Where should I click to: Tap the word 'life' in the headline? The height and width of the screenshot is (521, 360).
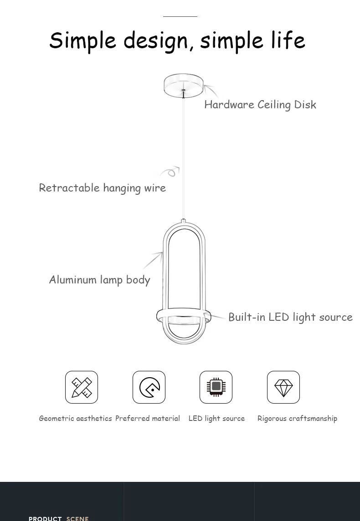(x=288, y=40)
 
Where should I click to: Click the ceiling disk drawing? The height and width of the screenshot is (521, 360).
(x=184, y=85)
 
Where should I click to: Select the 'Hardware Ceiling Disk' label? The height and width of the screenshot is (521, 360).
(x=260, y=105)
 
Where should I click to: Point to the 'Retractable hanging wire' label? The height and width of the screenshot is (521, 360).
(x=102, y=187)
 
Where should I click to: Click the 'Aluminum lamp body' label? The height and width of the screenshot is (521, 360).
(x=99, y=279)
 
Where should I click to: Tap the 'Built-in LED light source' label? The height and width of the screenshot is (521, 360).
(x=290, y=317)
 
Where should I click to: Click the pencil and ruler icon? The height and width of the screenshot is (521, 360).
(x=82, y=387)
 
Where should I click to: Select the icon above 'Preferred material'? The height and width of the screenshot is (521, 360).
(x=149, y=387)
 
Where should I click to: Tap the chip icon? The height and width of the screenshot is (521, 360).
(x=216, y=387)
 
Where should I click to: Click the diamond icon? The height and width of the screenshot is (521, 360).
(x=283, y=387)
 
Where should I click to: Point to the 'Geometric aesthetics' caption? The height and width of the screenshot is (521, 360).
(x=75, y=418)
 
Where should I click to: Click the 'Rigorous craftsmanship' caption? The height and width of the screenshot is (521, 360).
(x=297, y=418)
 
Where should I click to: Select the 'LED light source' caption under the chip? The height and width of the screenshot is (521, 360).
(x=216, y=418)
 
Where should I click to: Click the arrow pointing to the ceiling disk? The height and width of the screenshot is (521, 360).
(x=211, y=90)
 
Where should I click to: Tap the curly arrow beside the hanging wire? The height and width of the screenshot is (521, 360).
(x=170, y=172)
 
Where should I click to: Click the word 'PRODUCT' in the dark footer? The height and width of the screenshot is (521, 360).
(x=45, y=518)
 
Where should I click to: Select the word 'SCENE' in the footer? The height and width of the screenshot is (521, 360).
(x=77, y=518)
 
